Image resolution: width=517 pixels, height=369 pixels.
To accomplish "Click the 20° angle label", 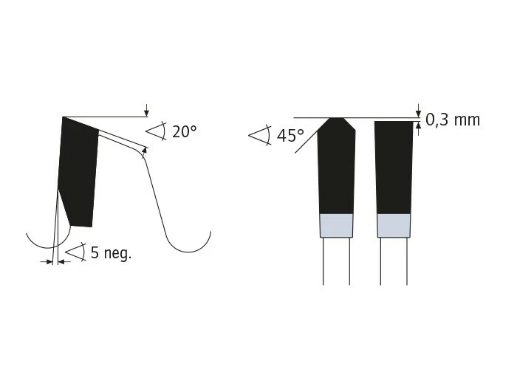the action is tap(185, 132).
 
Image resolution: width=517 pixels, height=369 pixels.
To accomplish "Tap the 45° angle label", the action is tap(290, 135).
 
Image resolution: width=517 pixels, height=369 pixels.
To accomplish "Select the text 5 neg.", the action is tap(111, 253).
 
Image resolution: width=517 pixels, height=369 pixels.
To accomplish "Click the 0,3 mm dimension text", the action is tap(453, 120).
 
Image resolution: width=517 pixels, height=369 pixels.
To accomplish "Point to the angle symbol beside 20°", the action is tap(156, 131).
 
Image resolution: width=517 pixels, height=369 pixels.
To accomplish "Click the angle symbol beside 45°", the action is tap(260, 135).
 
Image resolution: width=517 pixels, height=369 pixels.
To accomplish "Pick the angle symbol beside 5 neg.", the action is tap(76, 252).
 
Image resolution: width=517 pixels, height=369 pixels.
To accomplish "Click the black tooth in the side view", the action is tap(79, 171).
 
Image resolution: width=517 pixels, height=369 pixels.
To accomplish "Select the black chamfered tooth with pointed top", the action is tap(336, 166).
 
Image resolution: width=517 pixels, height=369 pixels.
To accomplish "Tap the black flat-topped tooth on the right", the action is tap(394, 168).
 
